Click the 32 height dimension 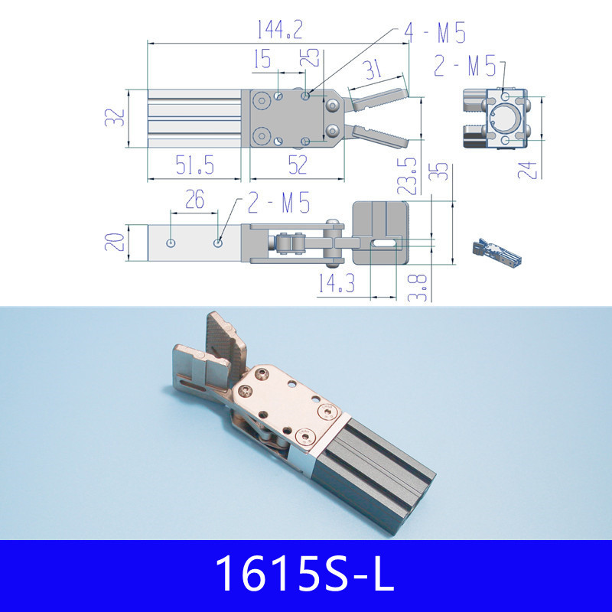tap(115, 119)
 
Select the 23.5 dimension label tap(411, 176)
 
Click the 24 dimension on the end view tap(526, 167)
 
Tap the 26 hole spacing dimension tap(195, 200)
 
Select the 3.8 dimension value tap(420, 288)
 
